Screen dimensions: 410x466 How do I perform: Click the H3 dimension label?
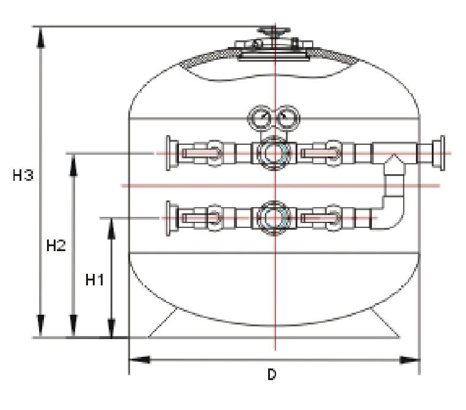pos(23,176)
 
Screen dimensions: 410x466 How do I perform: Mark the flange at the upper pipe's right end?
pos(437,152)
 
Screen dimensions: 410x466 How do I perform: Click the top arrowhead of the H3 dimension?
pos(41,37)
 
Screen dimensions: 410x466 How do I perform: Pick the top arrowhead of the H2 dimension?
pos(75,163)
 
